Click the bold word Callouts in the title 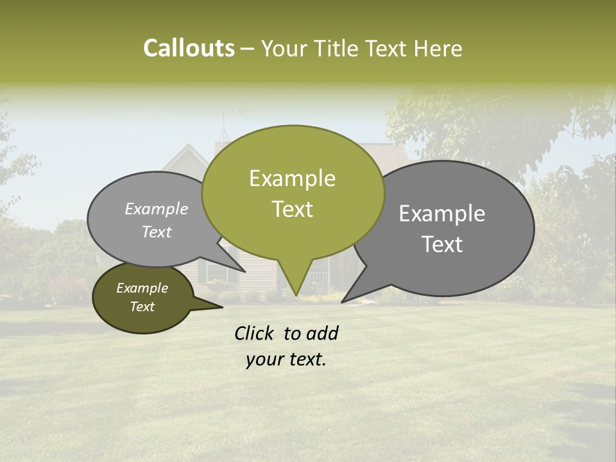tap(189, 48)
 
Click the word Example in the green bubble tap(293, 178)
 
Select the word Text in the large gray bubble tap(442, 244)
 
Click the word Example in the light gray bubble tap(157, 209)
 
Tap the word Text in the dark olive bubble tap(142, 307)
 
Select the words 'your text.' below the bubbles tap(286, 360)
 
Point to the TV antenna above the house tap(224, 119)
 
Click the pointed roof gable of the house tap(187, 150)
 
